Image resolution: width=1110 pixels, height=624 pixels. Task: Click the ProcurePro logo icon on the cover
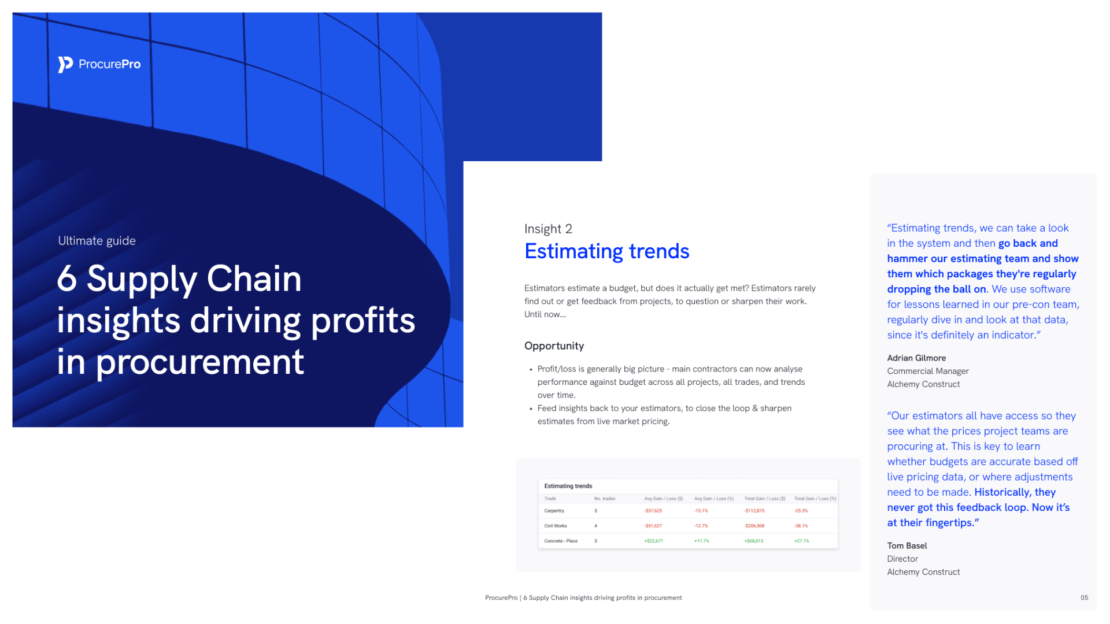pyautogui.click(x=65, y=64)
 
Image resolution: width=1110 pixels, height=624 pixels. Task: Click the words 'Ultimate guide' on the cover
pyautogui.click(x=97, y=241)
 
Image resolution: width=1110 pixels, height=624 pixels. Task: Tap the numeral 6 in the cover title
pyautogui.click(x=67, y=279)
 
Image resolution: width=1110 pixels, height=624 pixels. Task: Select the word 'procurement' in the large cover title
pyautogui.click(x=200, y=363)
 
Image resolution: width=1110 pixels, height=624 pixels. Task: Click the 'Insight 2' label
pyautogui.click(x=548, y=229)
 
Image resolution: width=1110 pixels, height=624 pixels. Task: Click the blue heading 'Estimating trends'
pyautogui.click(x=606, y=251)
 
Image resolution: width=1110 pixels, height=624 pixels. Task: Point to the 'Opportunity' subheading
pyautogui.click(x=554, y=346)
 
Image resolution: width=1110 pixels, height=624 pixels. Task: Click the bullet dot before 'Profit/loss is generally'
pyautogui.click(x=531, y=370)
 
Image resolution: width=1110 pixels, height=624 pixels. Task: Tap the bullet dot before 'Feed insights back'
pyautogui.click(x=531, y=409)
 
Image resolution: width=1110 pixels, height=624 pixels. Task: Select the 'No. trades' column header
pyautogui.click(x=605, y=499)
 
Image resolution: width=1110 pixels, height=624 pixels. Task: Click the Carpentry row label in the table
pyautogui.click(x=554, y=511)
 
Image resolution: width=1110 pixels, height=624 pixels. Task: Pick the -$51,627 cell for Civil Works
pyautogui.click(x=653, y=526)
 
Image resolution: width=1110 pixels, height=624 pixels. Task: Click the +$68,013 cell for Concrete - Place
pyautogui.click(x=753, y=541)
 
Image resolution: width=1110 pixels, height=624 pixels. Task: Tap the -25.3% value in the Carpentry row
pyautogui.click(x=801, y=511)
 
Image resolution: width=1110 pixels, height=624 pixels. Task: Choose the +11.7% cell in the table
pyautogui.click(x=701, y=541)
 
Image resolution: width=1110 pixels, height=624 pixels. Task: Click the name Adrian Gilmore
pyautogui.click(x=916, y=358)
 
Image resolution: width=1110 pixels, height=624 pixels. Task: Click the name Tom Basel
pyautogui.click(x=906, y=546)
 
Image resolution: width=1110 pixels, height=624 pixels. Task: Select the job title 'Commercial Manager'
pyautogui.click(x=927, y=372)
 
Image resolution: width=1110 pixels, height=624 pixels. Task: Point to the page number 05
pyautogui.click(x=1084, y=598)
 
